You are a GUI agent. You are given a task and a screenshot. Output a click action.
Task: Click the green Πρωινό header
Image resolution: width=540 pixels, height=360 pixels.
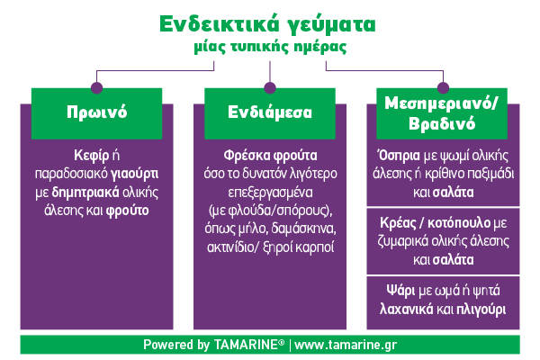(x=97, y=113)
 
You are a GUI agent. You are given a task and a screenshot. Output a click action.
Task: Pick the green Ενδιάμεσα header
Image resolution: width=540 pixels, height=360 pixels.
(x=270, y=113)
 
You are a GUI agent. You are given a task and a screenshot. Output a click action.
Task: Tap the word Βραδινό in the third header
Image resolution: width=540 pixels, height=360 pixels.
(x=442, y=123)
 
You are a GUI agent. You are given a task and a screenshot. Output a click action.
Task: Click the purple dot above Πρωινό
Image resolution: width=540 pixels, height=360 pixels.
(x=97, y=87)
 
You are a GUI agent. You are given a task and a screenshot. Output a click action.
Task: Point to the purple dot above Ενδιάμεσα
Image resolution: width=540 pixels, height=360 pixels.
(x=270, y=87)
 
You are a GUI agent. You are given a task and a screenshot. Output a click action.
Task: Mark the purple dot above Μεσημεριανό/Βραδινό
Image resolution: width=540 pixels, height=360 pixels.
(x=443, y=87)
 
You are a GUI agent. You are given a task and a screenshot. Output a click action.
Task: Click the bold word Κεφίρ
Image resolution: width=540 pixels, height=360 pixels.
(x=91, y=156)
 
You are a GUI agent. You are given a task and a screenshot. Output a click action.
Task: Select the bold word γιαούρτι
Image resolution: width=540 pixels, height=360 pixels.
(x=134, y=174)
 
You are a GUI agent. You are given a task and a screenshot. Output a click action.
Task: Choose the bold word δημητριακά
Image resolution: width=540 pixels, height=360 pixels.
(x=85, y=193)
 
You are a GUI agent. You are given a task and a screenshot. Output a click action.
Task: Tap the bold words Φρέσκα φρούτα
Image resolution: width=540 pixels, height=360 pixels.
(x=270, y=156)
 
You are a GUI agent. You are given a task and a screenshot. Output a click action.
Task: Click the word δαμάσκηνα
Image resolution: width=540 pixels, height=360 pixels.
(x=303, y=229)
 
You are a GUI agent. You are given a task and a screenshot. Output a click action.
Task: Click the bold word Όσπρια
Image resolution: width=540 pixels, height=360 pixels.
(x=399, y=156)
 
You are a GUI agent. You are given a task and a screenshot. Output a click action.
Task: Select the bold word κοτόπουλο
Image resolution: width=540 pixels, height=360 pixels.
(x=459, y=223)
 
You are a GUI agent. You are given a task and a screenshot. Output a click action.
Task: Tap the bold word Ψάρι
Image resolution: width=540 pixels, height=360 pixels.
(x=400, y=291)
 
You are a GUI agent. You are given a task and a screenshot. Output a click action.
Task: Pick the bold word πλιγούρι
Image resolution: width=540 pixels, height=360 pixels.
(x=481, y=310)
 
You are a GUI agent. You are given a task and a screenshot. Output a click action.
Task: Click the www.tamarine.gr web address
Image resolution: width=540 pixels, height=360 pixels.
(x=346, y=345)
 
